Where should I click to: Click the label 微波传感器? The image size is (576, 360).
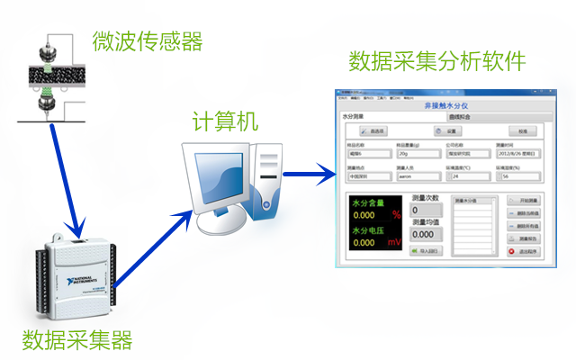click(x=147, y=41)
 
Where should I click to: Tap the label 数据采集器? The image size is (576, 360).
click(x=77, y=340)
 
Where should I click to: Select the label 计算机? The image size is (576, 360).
click(x=225, y=121)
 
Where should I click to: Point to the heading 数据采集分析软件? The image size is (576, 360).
click(x=436, y=61)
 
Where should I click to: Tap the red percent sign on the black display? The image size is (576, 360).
click(x=397, y=216)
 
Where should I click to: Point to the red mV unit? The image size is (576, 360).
click(x=394, y=242)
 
